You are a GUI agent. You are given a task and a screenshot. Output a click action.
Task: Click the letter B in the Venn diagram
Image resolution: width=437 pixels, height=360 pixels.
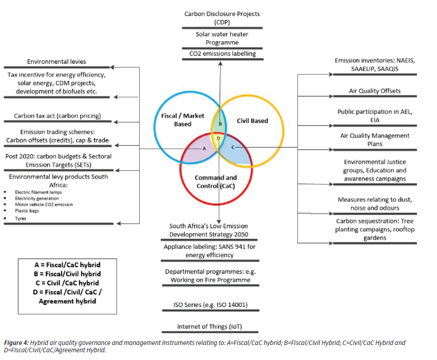click(220, 124)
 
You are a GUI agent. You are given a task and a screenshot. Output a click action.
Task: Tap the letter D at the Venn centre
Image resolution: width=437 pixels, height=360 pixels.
click(218, 138)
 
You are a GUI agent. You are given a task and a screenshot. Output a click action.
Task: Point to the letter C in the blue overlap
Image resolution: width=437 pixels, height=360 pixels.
click(233, 147)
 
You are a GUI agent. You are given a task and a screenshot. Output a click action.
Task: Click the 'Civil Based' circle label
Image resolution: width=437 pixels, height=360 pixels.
click(252, 121)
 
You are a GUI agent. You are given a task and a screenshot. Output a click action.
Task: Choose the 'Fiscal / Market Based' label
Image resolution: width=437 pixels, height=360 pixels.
click(182, 120)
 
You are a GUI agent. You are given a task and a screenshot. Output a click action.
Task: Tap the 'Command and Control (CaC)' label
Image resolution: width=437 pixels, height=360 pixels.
click(216, 182)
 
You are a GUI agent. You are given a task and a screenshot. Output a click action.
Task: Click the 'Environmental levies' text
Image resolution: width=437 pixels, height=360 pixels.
click(56, 61)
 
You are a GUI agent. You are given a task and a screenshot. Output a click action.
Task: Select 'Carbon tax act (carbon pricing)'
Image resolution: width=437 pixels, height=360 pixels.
click(57, 116)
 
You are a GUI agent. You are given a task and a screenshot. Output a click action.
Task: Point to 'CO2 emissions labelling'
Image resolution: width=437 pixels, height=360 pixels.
click(222, 54)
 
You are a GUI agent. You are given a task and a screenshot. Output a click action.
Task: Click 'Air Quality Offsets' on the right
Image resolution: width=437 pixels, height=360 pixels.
click(374, 90)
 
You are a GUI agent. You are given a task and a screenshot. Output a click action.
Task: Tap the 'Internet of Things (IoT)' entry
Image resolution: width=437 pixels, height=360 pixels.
click(210, 326)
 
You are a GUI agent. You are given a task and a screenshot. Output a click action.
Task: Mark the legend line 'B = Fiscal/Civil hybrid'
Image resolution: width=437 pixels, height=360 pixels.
click(67, 274)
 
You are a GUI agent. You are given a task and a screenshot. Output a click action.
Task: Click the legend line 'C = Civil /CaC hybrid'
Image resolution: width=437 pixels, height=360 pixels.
click(67, 283)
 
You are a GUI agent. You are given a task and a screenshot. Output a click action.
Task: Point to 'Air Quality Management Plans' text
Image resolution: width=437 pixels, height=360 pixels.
click(375, 140)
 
